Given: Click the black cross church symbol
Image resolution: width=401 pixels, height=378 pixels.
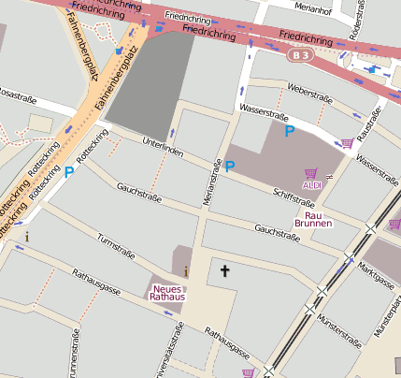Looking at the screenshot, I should pos(224,270).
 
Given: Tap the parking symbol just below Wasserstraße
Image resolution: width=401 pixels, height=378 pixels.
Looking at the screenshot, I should pos(289,131).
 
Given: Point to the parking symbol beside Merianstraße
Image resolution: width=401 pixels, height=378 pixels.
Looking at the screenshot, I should pos(230,167).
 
